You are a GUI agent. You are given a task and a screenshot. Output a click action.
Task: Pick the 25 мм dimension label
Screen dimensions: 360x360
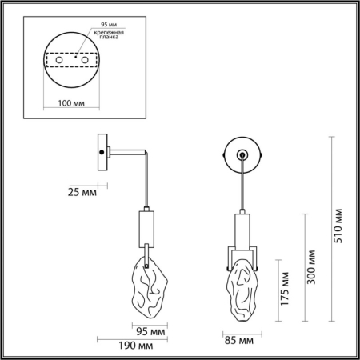coord(82,192)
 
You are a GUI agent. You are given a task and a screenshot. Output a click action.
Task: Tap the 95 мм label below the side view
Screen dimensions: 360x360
coord(150,331)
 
